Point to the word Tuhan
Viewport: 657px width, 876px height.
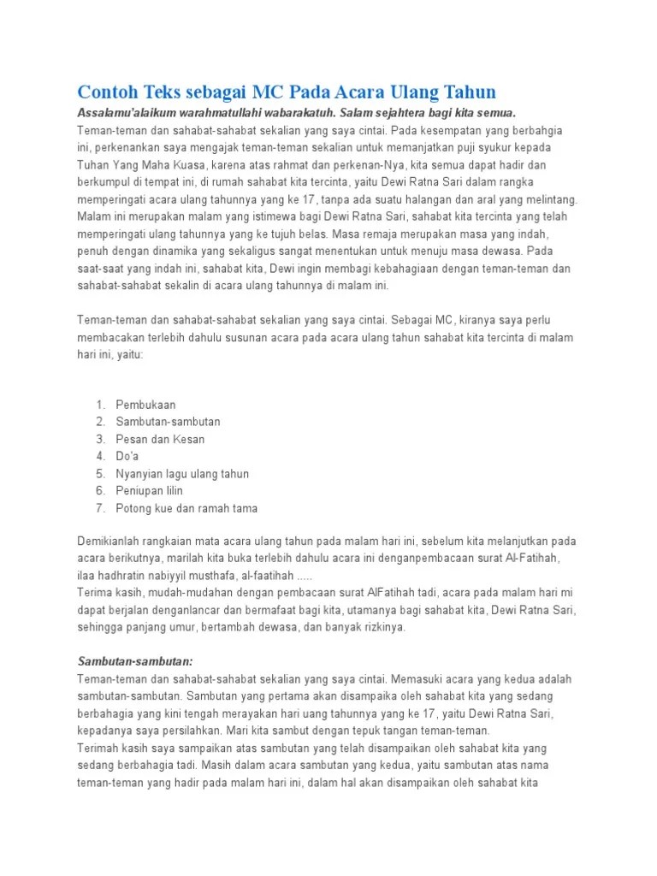[92, 164]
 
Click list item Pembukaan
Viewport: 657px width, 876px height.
[146, 404]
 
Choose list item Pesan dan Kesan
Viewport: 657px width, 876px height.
[160, 439]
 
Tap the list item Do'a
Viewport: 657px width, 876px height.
[127, 456]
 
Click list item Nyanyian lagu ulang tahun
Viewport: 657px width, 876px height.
[182, 473]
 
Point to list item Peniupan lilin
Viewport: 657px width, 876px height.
[150, 490]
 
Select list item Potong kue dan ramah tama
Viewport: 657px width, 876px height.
[186, 508]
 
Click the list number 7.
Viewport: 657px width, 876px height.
[99, 508]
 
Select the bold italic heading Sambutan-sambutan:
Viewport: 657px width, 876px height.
[134, 661]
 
